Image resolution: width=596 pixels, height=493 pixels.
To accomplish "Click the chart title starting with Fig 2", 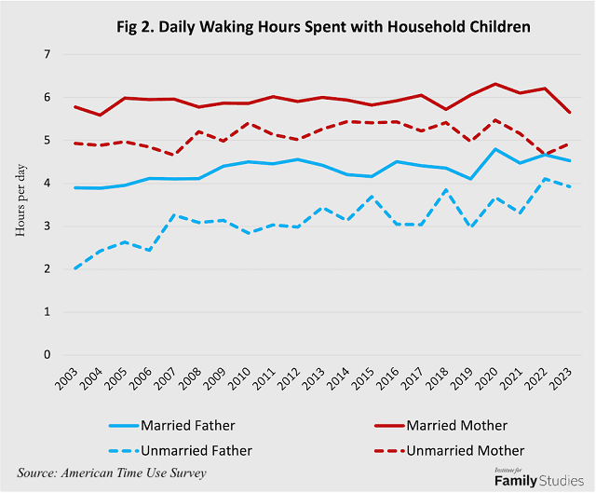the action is pyautogui.click(x=323, y=27).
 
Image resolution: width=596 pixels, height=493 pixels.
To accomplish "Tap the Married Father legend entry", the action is pyautogui.click(x=171, y=425).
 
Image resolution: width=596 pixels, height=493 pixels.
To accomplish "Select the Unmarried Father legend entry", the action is pyautogui.click(x=180, y=451).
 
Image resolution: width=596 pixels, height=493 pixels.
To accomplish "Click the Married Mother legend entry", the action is pyautogui.click(x=440, y=425).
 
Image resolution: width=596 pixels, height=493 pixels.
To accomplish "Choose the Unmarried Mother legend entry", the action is pyautogui.click(x=449, y=451).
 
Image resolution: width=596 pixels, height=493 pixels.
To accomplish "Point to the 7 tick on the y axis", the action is pyautogui.click(x=47, y=54).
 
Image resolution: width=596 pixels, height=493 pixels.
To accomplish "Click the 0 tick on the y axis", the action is pyautogui.click(x=47, y=354).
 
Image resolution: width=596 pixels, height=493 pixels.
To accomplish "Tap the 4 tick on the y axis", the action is pyautogui.click(x=47, y=183).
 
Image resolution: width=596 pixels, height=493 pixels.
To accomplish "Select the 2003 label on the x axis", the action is pyautogui.click(x=67, y=379).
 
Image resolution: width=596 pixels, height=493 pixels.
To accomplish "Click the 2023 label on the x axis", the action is pyautogui.click(x=561, y=379).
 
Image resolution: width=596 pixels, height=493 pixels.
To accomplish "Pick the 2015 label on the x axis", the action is pyautogui.click(x=363, y=379).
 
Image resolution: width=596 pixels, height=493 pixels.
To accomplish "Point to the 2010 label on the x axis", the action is pyautogui.click(x=240, y=379).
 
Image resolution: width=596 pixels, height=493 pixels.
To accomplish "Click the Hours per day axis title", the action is pyautogui.click(x=20, y=200).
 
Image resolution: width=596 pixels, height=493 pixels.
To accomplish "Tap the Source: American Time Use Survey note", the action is pyautogui.click(x=112, y=472).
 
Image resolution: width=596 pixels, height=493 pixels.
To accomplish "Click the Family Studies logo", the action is pyautogui.click(x=539, y=478).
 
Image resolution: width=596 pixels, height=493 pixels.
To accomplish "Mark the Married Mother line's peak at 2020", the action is pyautogui.click(x=495, y=84).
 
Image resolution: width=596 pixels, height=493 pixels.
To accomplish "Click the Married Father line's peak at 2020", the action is pyautogui.click(x=495, y=149).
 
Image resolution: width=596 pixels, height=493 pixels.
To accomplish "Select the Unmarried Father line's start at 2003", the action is pyautogui.click(x=75, y=268).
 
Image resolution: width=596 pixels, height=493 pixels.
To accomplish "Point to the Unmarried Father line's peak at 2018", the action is pyautogui.click(x=446, y=189).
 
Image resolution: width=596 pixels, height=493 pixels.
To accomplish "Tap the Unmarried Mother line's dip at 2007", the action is pyautogui.click(x=174, y=155).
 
